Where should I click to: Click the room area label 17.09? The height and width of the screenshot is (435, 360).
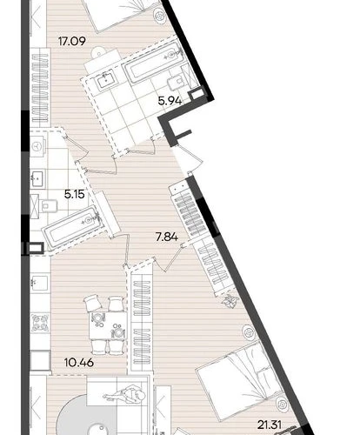click(x=72, y=41)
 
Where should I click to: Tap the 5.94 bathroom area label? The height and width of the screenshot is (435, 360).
click(x=170, y=101)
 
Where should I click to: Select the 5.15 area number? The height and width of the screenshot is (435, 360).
click(x=75, y=194)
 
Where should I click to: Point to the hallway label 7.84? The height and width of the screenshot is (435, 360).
click(x=167, y=238)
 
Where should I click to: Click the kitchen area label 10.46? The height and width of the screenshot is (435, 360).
click(x=79, y=362)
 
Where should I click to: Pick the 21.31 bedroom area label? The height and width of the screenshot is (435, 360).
click(x=270, y=425)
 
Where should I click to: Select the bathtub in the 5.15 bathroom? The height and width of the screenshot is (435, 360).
click(x=72, y=226)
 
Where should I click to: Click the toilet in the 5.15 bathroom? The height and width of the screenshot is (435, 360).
click(x=50, y=206)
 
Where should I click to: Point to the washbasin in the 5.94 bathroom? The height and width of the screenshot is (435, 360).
click(x=105, y=79)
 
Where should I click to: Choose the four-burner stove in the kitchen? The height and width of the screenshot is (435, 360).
click(x=40, y=323)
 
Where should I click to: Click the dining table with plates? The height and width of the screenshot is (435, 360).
click(x=108, y=325)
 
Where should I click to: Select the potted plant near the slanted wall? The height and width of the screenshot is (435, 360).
click(x=230, y=301)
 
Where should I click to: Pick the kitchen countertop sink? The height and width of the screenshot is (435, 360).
click(x=39, y=281)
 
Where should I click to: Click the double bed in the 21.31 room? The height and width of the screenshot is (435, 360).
click(x=240, y=381)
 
